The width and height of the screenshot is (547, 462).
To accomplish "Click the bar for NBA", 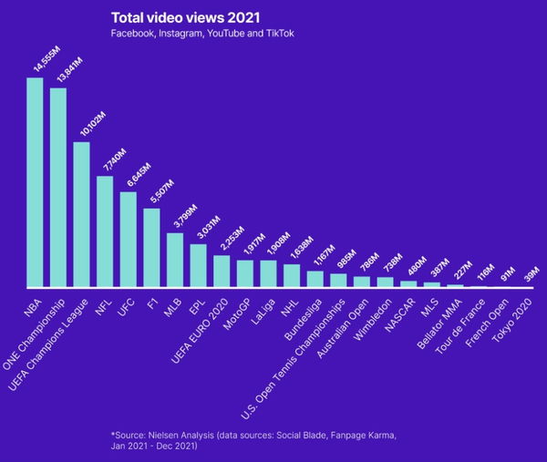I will [35, 182].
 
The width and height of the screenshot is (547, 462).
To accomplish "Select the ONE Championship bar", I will [57, 188].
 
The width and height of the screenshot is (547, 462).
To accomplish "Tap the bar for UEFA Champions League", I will [81, 215].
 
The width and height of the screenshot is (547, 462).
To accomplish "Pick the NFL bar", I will [105, 231].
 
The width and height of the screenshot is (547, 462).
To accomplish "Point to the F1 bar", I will [151, 248].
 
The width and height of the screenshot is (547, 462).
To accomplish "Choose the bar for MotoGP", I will [245, 273].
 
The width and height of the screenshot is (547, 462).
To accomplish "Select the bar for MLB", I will [175, 260].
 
